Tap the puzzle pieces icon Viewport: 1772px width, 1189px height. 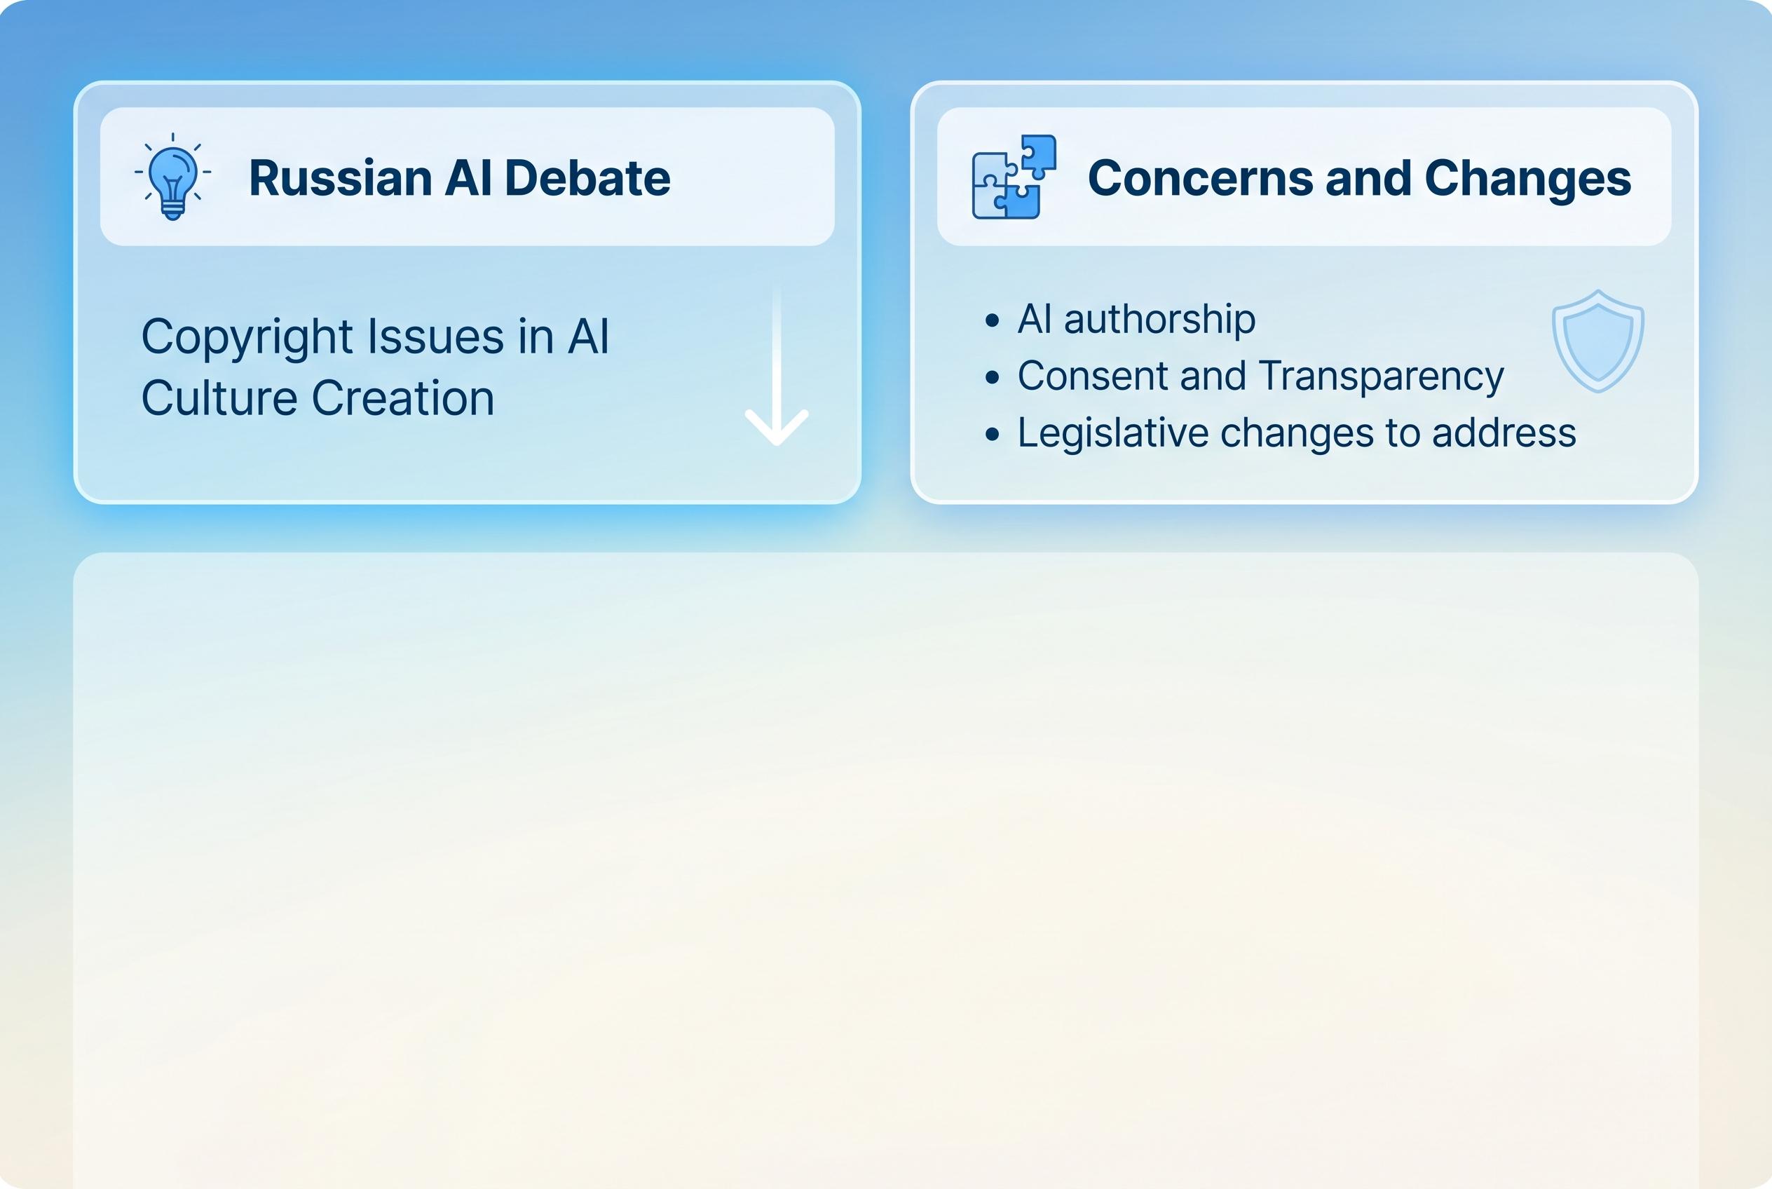(1014, 177)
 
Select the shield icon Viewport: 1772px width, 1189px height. (1597, 341)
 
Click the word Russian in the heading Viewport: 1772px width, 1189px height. (341, 178)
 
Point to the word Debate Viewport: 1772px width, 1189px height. (587, 178)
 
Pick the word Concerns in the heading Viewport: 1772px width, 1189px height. (1199, 178)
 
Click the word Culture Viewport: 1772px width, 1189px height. (219, 398)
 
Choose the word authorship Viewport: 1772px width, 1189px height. (1159, 319)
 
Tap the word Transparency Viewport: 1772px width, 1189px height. (1380, 376)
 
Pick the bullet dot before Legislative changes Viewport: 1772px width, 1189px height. (992, 435)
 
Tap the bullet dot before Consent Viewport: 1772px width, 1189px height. (992, 378)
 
